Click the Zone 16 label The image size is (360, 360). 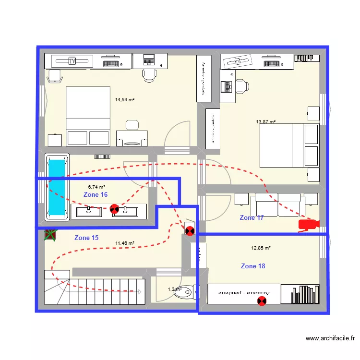pyautogui.click(x=96, y=195)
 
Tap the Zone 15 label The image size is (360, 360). pyautogui.click(x=86, y=238)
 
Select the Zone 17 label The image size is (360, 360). pyautogui.click(x=252, y=218)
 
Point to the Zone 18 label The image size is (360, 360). pyautogui.click(x=253, y=266)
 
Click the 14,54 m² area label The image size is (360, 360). pyautogui.click(x=124, y=100)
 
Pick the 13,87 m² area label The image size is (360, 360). pyautogui.click(x=265, y=122)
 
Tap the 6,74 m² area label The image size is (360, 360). pyautogui.click(x=96, y=187)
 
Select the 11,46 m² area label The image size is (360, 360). pyautogui.click(x=125, y=243)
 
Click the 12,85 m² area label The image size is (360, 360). pyautogui.click(x=261, y=248)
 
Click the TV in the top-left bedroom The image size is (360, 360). pyautogui.click(x=72, y=61)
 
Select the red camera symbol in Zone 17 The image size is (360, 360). pyautogui.click(x=308, y=225)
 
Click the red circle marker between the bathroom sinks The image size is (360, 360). pyautogui.click(x=114, y=208)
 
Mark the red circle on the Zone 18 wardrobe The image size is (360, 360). pyautogui.click(x=262, y=301)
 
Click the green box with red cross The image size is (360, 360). pyautogui.click(x=50, y=235)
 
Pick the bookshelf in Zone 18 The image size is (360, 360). pyautogui.click(x=300, y=294)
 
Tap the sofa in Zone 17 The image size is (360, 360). pyautogui.click(x=278, y=204)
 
